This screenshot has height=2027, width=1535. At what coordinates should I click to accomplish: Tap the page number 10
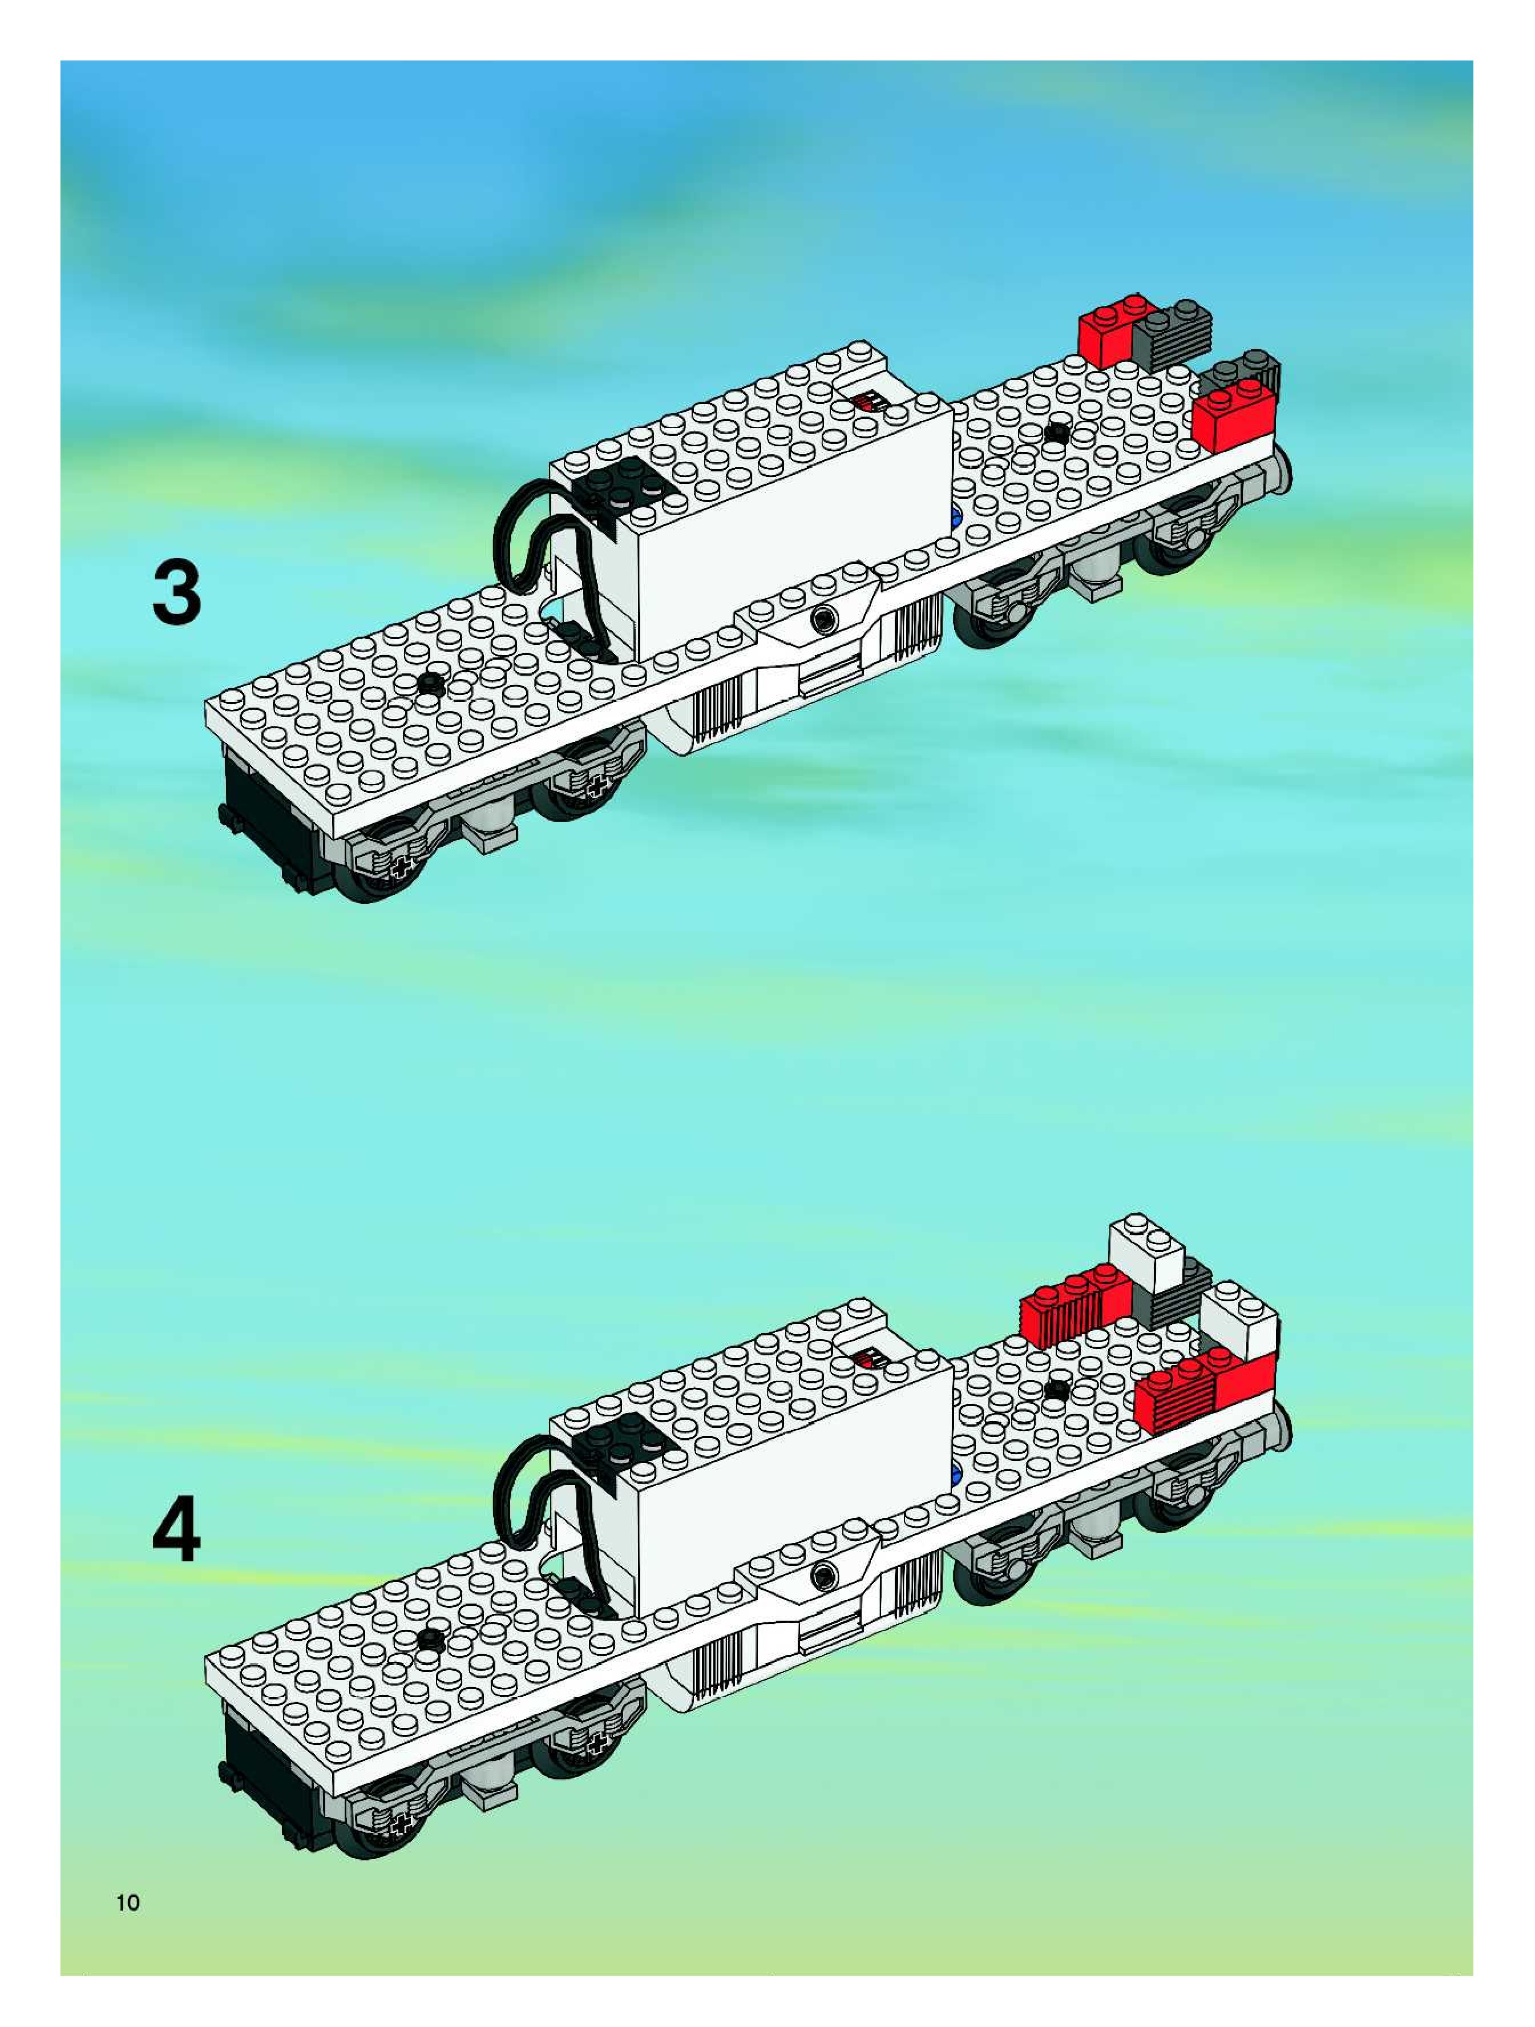[x=128, y=1903]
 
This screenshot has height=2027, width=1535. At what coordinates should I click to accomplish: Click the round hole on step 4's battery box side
[x=825, y=1577]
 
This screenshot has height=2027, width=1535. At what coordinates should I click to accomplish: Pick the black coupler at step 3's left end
[x=271, y=820]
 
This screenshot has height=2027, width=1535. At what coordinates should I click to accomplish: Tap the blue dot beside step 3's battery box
[x=958, y=518]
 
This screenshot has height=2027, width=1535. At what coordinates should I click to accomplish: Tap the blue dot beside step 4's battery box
[x=958, y=1475]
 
